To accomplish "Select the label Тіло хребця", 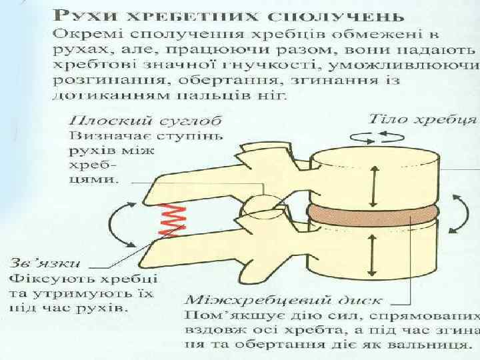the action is (423, 119).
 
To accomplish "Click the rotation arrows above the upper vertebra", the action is (385, 137).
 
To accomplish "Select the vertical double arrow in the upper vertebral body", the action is (375, 179).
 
